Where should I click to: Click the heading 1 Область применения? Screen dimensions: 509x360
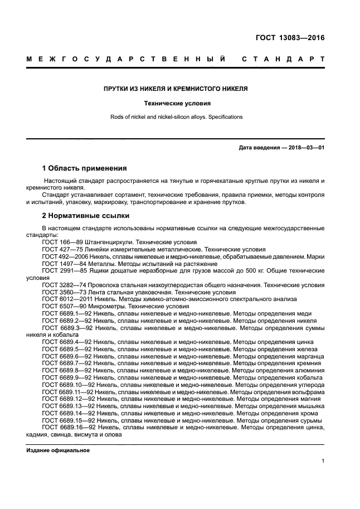(85, 168)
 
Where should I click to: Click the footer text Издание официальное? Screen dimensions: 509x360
(58, 450)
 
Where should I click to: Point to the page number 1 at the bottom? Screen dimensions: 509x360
(323, 460)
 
